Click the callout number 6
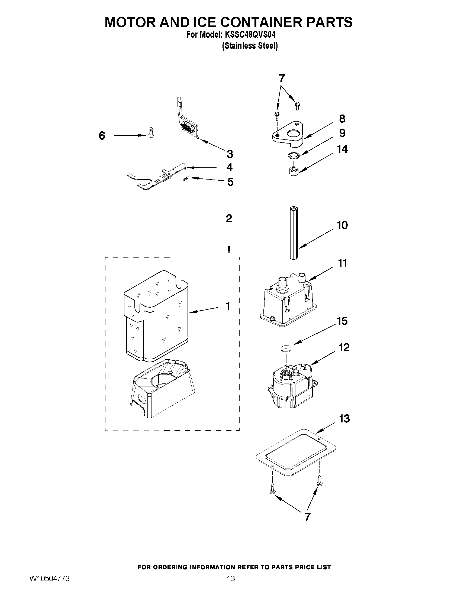click(x=102, y=136)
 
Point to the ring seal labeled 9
click(x=294, y=155)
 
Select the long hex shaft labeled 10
click(x=294, y=234)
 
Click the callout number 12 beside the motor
click(x=344, y=347)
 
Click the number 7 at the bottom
click(x=308, y=517)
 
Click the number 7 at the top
click(x=282, y=78)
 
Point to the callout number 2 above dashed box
click(x=229, y=218)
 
